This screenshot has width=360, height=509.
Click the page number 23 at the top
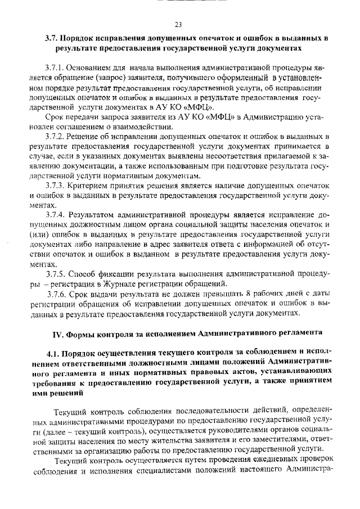click(178, 25)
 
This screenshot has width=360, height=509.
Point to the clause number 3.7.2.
click(57, 137)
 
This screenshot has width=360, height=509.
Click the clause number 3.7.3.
click(57, 185)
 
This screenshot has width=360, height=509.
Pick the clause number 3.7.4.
click(57, 215)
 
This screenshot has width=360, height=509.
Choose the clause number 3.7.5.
click(57, 274)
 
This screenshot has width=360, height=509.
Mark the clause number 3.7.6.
click(58, 294)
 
